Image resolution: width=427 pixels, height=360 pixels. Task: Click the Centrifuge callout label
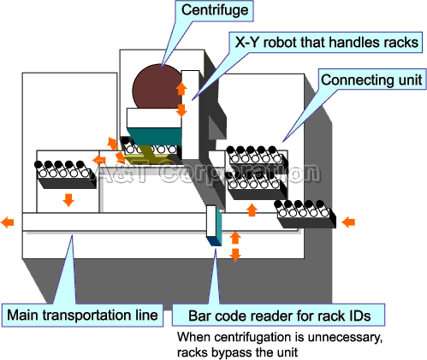(215, 11)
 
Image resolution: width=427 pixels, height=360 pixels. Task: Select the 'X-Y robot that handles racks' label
(326, 42)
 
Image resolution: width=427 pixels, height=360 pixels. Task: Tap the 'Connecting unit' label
(371, 80)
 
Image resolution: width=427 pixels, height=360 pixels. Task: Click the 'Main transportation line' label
(82, 316)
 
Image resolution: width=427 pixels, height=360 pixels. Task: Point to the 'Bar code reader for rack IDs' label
(279, 316)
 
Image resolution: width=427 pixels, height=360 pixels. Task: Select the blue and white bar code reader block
(214, 225)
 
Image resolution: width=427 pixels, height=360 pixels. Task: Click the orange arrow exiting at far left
(8, 221)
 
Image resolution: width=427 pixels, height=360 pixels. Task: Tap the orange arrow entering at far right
(348, 221)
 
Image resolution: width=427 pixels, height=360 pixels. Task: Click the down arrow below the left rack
(68, 200)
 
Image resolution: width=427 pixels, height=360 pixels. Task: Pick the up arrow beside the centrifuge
(181, 88)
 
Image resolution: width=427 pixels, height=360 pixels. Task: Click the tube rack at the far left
(65, 174)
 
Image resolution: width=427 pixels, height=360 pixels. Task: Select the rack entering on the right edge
(305, 215)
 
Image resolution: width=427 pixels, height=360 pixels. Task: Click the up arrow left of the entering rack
(252, 210)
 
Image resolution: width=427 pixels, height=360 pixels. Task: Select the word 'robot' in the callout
(281, 42)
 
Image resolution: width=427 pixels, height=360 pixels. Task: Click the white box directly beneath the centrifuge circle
(154, 118)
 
